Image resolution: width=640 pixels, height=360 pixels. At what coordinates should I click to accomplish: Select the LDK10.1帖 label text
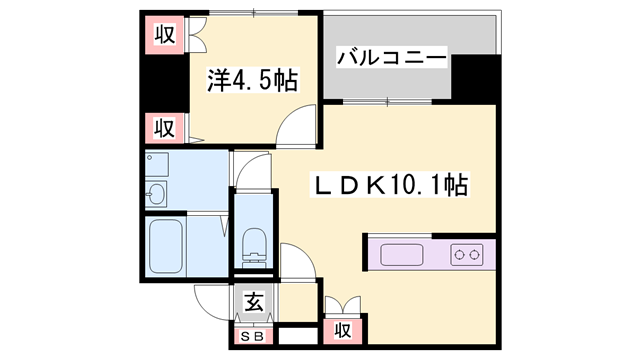391,185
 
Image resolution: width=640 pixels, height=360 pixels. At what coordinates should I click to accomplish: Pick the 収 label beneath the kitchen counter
342,329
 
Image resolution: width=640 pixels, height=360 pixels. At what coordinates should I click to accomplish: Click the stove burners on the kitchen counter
467,254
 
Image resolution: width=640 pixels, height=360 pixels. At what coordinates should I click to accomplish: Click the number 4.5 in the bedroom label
262,79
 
